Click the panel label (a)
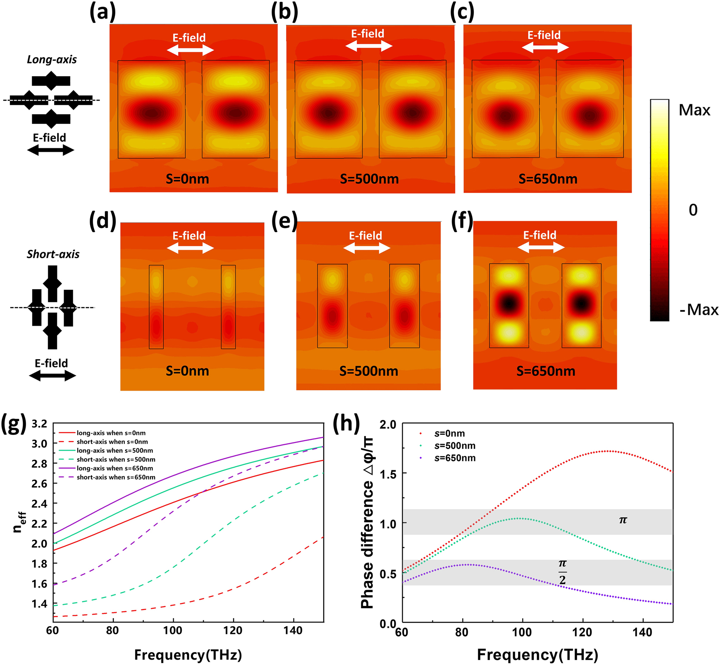[103, 12]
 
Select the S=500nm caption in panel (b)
[369, 179]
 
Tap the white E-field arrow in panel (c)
[545, 48]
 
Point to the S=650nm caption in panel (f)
[546, 371]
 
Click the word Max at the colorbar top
[695, 110]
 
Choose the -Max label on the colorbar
[699, 310]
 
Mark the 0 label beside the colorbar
[693, 210]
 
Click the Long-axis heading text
[52, 60]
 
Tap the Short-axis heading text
[53, 254]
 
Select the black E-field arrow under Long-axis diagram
[50, 150]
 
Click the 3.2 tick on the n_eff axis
[39, 424]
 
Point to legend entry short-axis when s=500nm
[116, 460]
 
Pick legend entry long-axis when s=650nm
[115, 468]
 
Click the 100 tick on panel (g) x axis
[172, 631]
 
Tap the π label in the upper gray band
[623, 520]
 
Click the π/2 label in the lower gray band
[562, 571]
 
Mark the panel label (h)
[346, 424]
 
